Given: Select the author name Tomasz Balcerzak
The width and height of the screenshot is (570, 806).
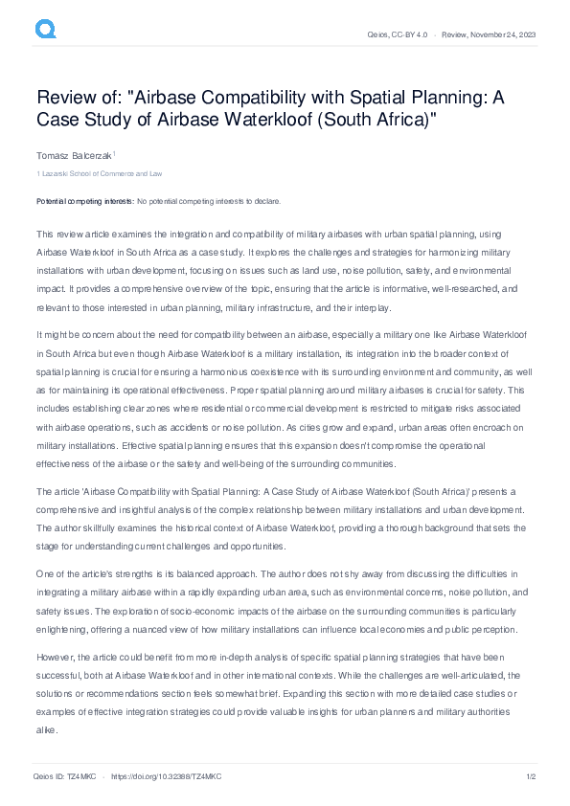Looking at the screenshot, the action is (73, 154).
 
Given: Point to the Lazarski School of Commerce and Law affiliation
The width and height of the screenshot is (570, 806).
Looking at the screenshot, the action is (102, 173).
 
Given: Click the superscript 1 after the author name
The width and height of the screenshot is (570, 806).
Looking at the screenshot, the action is (114, 151).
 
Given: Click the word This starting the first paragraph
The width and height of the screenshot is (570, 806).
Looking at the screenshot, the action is (45, 234).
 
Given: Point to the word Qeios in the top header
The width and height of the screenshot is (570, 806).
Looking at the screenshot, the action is (378, 35).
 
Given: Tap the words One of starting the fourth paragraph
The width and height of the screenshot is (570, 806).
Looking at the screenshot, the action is (53, 572).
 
